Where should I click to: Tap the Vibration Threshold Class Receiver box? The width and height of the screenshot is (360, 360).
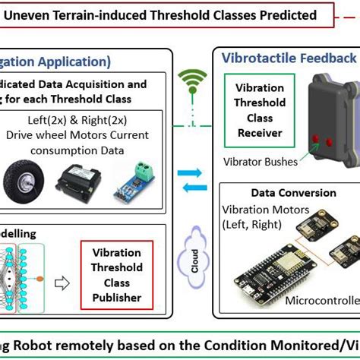(x=261, y=110)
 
